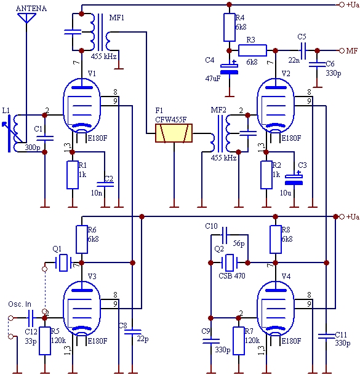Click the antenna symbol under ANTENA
click(26, 18)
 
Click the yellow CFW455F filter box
click(174, 133)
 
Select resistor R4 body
click(229, 27)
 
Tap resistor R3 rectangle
click(252, 50)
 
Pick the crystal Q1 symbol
click(63, 262)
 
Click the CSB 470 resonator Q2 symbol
click(230, 262)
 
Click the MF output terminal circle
click(342, 50)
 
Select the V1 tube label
click(92, 73)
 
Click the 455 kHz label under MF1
click(103, 57)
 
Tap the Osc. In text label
click(20, 304)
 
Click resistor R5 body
click(45, 341)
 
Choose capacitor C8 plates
click(132, 332)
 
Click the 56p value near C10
click(239, 243)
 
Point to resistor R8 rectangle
click(275, 239)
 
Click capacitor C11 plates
click(326, 336)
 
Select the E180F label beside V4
click(291, 341)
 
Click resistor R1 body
click(73, 175)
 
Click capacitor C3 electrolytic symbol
click(294, 180)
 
